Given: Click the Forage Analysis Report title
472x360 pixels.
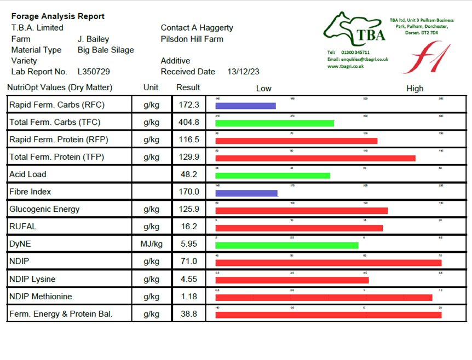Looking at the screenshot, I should click(58, 16).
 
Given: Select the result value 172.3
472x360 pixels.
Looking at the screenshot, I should click(188, 104).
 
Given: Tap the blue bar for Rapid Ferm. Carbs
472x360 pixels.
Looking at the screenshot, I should click(245, 106).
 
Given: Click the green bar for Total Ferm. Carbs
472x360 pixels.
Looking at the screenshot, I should click(274, 123).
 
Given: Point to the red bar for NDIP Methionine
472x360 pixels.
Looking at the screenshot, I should click(324, 298).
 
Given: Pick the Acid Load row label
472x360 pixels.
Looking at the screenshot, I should click(28, 175).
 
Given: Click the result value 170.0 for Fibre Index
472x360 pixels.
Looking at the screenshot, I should click(188, 192).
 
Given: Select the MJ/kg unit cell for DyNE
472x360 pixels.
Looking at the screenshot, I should click(151, 245).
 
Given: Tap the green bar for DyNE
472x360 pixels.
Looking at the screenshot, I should click(287, 246).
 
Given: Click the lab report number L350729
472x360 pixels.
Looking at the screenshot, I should click(94, 72).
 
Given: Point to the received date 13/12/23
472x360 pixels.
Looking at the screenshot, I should click(244, 72).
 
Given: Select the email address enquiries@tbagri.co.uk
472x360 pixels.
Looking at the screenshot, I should click(358, 59).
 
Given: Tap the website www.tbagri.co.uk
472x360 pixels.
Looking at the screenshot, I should click(346, 66).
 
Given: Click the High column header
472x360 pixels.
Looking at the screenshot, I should click(415, 89).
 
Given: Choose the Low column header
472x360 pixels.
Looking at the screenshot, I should click(263, 89).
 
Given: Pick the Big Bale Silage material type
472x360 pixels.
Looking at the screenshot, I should click(106, 50).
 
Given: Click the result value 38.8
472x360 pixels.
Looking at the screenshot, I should click(188, 314).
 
